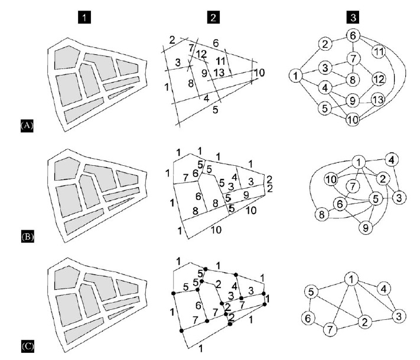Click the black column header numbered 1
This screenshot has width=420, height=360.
[x=84, y=17]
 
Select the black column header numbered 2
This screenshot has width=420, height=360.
[x=213, y=17]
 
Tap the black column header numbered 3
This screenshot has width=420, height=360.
[x=353, y=17]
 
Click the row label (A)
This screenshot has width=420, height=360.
[x=27, y=125]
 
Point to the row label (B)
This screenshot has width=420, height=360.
[x=28, y=237]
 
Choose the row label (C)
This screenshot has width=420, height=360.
[x=28, y=346]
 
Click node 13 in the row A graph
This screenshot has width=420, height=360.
[x=378, y=100]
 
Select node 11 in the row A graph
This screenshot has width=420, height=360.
[x=379, y=51]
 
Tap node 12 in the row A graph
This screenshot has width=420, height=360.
[x=379, y=79]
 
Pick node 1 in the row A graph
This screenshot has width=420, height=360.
[x=295, y=76]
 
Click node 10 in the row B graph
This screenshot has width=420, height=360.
[x=331, y=179]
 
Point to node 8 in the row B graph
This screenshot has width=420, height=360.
[x=321, y=214]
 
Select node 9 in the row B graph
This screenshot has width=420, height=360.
[x=366, y=228]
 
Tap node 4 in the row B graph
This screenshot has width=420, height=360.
[x=392, y=160]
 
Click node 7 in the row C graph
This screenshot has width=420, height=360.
[x=330, y=329]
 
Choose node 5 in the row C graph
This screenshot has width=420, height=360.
[x=311, y=292]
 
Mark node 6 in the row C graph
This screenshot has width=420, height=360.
[x=308, y=318]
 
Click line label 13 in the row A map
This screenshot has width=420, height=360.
[x=219, y=73]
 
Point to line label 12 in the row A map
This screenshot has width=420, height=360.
[x=201, y=54]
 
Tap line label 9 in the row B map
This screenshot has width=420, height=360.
[x=246, y=195]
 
